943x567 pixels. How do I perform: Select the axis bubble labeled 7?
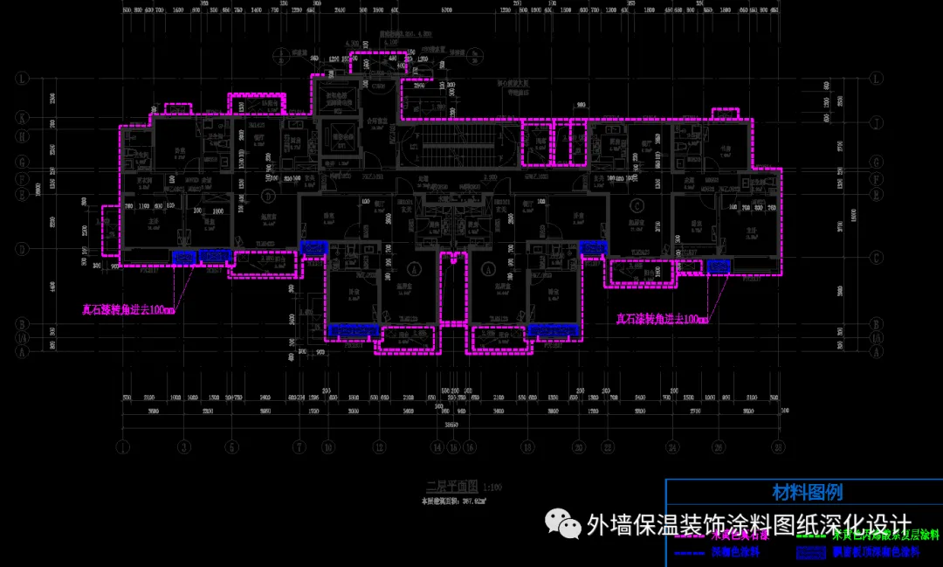(299, 446)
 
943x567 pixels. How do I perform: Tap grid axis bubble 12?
(378, 446)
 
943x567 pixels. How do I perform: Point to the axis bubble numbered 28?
(776, 446)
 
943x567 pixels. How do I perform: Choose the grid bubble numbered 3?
(184, 446)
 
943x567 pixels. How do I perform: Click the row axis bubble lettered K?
(19, 117)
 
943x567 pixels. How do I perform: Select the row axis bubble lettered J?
(19, 134)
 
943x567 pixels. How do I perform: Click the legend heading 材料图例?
(807, 493)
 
